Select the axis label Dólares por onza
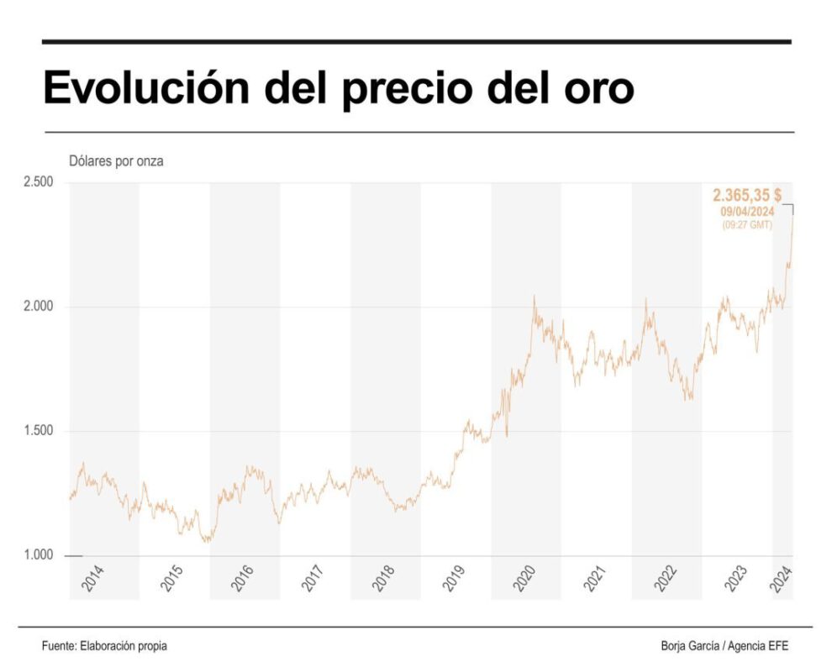click(x=115, y=161)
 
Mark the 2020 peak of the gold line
click(x=534, y=297)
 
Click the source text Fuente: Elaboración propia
click(x=104, y=646)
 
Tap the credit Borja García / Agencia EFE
click(x=724, y=646)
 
